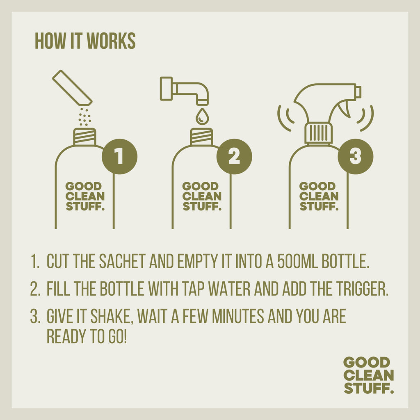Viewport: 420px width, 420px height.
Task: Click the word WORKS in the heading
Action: (111, 41)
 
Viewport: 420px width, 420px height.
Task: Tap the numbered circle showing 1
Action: (119, 156)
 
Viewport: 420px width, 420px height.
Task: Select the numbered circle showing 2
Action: (234, 156)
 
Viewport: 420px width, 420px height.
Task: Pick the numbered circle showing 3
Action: (356, 156)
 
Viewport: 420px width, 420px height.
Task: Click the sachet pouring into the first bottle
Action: (72, 88)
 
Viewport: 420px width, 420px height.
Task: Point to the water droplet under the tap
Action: (202, 116)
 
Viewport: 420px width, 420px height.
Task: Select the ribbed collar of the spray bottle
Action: (318, 133)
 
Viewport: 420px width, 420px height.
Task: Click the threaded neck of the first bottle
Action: (84, 137)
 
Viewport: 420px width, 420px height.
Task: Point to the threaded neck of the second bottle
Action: (201, 137)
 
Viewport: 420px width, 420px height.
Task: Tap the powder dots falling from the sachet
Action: (84, 117)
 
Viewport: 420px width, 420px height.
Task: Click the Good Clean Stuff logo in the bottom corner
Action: (369, 375)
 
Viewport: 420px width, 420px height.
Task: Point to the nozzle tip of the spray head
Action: (358, 92)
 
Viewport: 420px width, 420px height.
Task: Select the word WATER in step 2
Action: (229, 288)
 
